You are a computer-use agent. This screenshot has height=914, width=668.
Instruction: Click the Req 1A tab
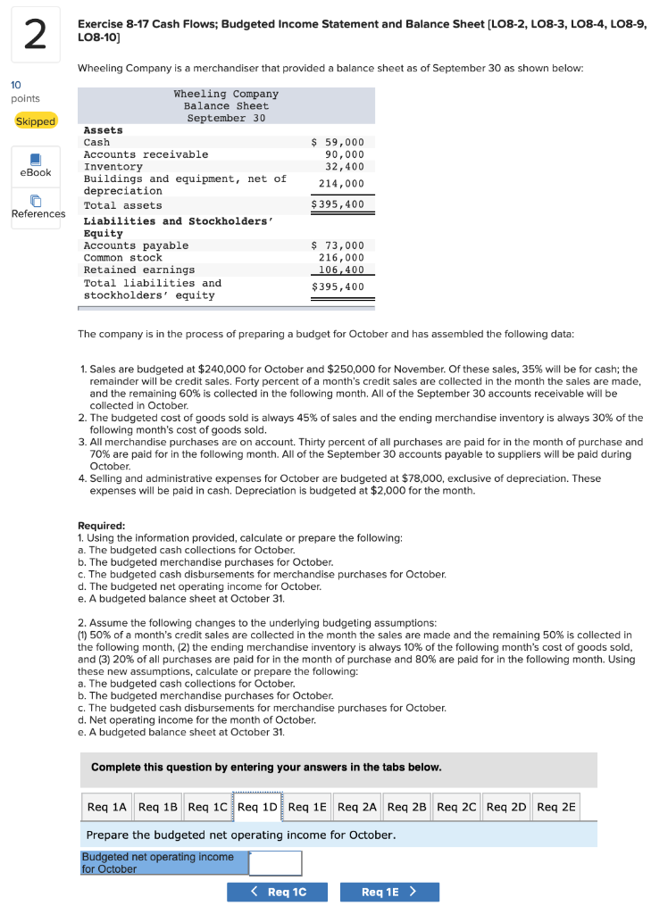click(x=106, y=807)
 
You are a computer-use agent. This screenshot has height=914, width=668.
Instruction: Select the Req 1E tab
click(x=307, y=807)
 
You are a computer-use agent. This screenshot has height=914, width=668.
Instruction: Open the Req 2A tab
click(x=357, y=807)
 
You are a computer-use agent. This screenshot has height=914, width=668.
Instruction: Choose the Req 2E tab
click(x=556, y=807)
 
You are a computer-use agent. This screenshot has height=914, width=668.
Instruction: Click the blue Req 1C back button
click(x=277, y=892)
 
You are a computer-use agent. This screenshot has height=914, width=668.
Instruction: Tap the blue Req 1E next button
click(x=388, y=892)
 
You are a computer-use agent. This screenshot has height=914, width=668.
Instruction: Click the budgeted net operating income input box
click(x=275, y=863)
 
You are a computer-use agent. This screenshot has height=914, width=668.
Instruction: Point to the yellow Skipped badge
click(x=36, y=121)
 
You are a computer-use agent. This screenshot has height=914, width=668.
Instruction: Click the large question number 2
click(x=34, y=35)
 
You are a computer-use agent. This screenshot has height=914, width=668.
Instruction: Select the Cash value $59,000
click(x=338, y=142)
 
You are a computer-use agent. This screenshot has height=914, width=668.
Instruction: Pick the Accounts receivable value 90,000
click(x=344, y=154)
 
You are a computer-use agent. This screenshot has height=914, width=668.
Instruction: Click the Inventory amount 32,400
click(x=344, y=166)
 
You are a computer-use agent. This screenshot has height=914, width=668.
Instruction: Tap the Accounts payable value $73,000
click(x=338, y=245)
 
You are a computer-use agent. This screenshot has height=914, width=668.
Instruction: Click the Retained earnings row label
click(x=138, y=270)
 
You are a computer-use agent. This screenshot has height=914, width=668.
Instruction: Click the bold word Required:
click(x=102, y=526)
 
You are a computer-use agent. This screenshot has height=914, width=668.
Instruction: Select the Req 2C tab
click(x=456, y=807)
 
